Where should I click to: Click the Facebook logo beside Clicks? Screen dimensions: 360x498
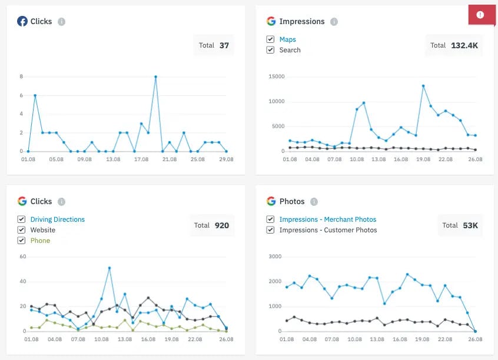pos(22,21)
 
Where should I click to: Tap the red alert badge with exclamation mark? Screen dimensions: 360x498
pos(480,15)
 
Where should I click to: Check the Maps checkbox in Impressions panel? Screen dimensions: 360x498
pos(270,39)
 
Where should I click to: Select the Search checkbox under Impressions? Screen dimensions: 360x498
pos(270,50)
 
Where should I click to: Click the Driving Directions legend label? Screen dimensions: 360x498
pos(58,219)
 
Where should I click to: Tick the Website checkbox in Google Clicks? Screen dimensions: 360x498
pos(22,230)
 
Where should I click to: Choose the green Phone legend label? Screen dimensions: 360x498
pos(40,241)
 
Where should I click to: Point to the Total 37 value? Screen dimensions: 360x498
pos(224,45)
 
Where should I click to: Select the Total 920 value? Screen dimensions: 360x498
pos(222,225)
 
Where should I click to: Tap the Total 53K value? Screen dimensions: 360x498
pos(469,225)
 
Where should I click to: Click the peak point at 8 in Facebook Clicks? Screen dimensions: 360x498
pos(155,76)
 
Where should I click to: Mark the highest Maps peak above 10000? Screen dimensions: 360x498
pos(423,86)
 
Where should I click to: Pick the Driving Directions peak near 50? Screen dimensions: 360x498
pos(109,268)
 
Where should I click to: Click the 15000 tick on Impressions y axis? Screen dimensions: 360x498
pos(276,76)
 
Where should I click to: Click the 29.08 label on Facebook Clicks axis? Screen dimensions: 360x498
pos(227,159)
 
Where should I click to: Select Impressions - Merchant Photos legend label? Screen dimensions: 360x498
pos(328,219)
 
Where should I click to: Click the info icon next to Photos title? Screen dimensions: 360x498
pos(314,201)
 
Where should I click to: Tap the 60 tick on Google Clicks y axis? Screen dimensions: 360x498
pos(23,256)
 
